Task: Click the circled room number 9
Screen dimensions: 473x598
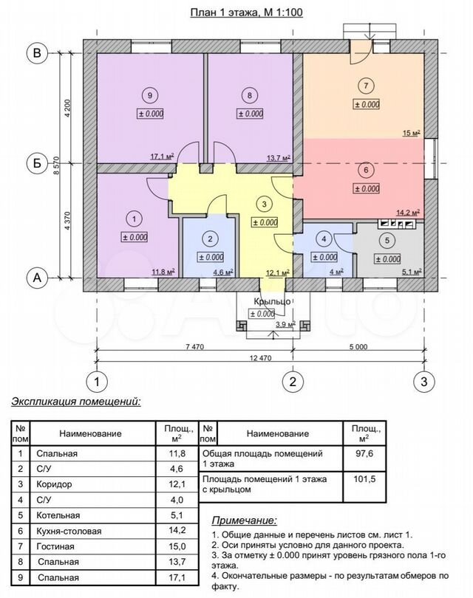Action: click(x=149, y=95)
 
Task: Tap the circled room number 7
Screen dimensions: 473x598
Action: click(x=366, y=86)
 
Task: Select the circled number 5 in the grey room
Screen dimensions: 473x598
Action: click(x=387, y=240)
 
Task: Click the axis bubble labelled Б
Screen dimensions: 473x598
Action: click(x=37, y=163)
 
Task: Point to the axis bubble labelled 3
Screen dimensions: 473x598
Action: click(x=423, y=382)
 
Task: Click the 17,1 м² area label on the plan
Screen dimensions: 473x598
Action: click(x=162, y=157)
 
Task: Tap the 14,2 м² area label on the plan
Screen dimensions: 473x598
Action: click(x=409, y=213)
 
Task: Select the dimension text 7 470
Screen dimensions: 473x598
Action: click(x=194, y=347)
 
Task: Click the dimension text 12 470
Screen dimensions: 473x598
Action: click(x=260, y=358)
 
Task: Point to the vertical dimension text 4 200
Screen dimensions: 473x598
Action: click(x=68, y=109)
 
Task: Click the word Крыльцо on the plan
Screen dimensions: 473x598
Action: click(x=272, y=302)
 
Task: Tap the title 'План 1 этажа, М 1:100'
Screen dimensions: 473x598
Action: click(x=247, y=13)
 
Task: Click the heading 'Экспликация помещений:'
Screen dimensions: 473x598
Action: click(x=76, y=402)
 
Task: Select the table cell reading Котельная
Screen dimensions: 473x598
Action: click(x=58, y=515)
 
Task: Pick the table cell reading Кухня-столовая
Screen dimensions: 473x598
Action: click(x=69, y=531)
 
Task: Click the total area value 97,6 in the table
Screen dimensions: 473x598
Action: click(x=364, y=453)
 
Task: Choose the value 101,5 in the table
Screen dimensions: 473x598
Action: click(x=364, y=478)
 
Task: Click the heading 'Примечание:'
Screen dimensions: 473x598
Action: click(x=245, y=520)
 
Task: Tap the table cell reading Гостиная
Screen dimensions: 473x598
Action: click(x=55, y=546)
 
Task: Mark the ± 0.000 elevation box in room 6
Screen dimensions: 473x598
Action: click(x=367, y=188)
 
